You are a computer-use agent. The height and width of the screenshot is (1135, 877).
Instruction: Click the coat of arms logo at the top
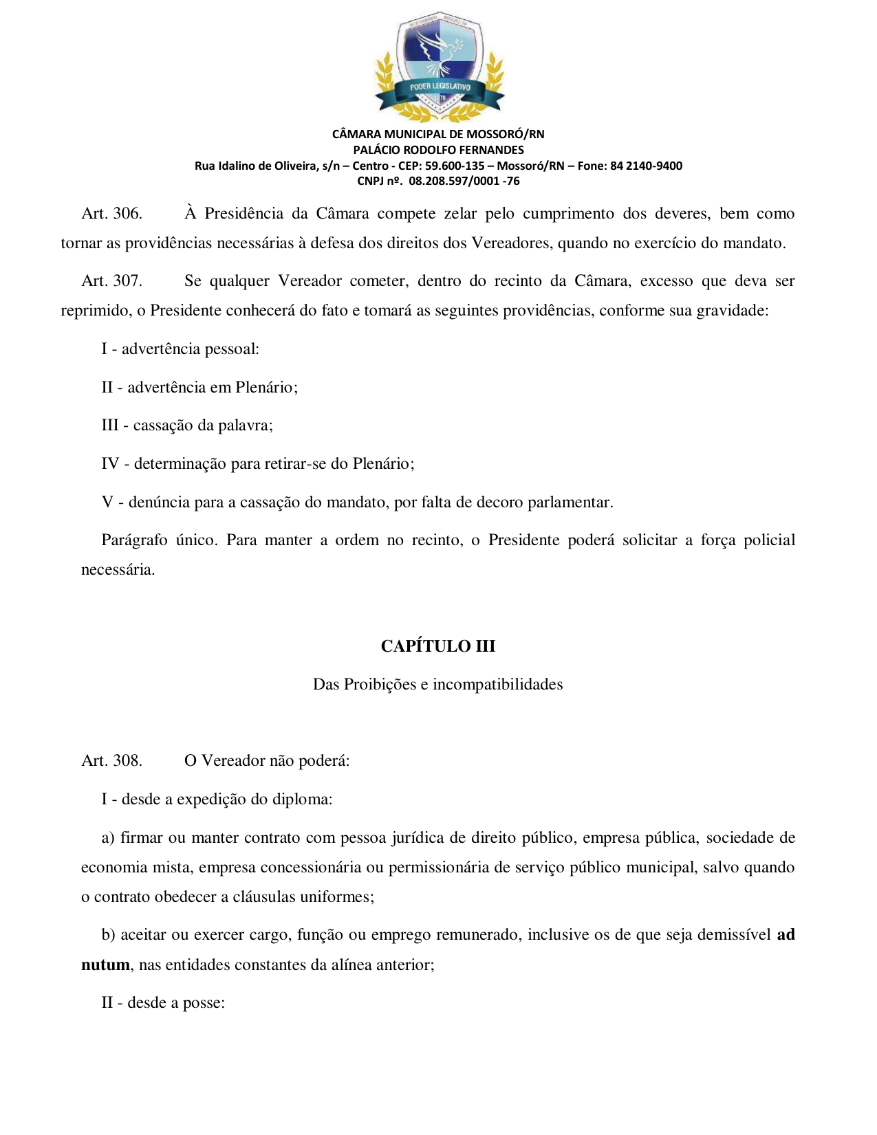coord(439,66)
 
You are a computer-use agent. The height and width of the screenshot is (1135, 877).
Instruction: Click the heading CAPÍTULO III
coord(438,646)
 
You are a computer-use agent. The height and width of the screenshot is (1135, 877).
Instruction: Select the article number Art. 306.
coord(112,214)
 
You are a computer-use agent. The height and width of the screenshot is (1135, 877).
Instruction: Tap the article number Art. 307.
coord(112,281)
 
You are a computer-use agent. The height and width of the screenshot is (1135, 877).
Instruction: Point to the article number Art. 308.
coord(112,761)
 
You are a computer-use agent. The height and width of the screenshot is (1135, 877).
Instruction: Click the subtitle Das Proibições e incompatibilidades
coord(438,685)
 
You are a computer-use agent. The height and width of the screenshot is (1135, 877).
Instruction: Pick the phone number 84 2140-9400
coord(646,166)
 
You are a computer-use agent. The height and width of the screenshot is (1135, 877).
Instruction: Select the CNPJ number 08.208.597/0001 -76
coord(464,181)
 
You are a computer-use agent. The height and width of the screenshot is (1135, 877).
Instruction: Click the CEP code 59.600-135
coord(455,166)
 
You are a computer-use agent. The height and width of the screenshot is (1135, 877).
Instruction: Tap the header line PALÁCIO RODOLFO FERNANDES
coord(438,150)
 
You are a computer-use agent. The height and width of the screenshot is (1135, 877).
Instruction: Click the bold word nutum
coord(105,965)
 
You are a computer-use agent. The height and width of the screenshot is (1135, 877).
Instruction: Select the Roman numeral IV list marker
coord(110,464)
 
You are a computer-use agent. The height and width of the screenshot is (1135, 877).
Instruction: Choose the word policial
coord(769,540)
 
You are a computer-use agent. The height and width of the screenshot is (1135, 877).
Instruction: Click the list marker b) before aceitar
coord(108,935)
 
